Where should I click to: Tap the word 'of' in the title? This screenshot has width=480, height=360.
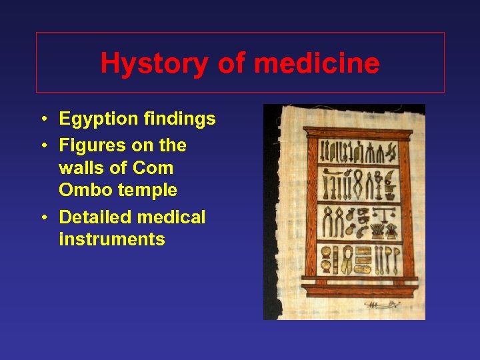232,64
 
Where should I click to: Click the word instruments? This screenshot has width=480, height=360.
112,239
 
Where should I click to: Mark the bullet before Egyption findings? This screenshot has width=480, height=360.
42,120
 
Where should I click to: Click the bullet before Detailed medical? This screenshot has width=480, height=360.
42,218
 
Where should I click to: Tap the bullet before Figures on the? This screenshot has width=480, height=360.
42,146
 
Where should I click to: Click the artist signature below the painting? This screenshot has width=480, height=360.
382,305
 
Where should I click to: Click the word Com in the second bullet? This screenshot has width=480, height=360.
154,168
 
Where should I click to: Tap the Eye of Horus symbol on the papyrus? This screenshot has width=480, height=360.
362,218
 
